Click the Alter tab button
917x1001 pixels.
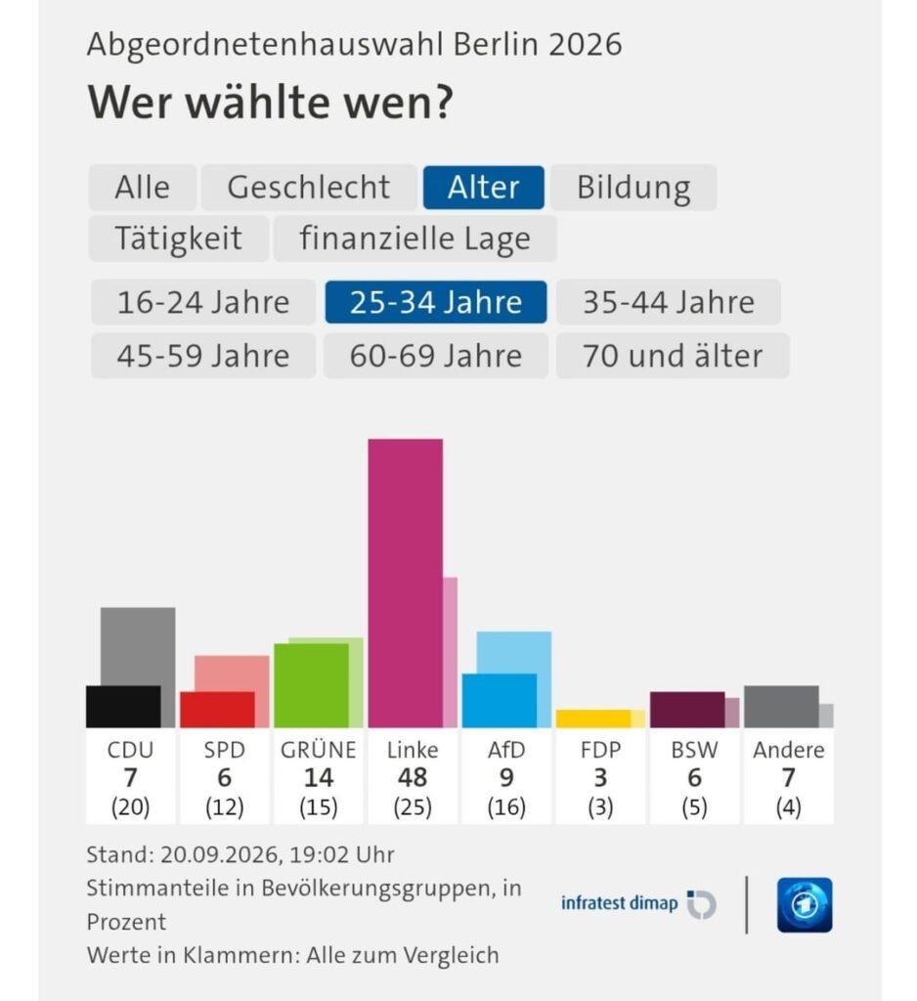coord(483,188)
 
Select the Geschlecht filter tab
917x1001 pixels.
coord(309,188)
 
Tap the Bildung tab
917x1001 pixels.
coord(633,188)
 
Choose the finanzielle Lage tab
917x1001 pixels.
coord(415,239)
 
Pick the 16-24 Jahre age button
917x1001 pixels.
coord(203,302)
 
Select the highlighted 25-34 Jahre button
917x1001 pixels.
coord(435,302)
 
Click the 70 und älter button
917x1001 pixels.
coord(673,356)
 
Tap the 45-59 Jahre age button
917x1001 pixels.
coord(203,356)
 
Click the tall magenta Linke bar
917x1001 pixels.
coord(406,583)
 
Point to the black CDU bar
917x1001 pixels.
coord(123,707)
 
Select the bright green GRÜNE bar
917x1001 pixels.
coord(312,685)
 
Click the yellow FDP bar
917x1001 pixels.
coord(593,718)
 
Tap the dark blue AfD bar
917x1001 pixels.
coord(500,700)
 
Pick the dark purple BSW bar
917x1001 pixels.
coord(687,710)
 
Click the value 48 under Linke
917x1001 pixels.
coord(413,777)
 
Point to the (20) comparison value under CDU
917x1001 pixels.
coord(130,807)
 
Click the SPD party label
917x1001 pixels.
coord(224,750)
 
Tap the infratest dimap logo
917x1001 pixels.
coord(638,904)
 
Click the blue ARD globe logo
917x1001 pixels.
coord(805,905)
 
